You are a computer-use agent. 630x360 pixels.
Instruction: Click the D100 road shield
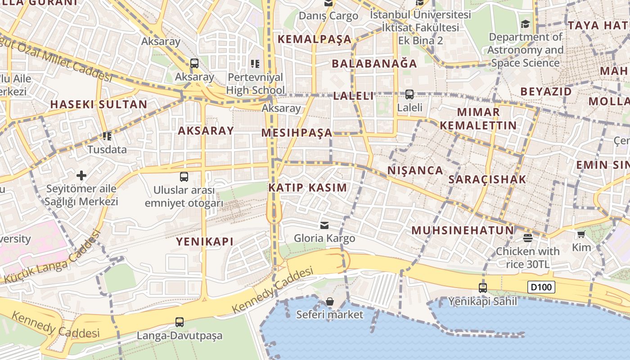click(541, 287)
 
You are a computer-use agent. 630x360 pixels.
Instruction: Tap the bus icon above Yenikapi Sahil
click(483, 288)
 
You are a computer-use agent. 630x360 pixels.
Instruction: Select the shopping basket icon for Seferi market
click(330, 301)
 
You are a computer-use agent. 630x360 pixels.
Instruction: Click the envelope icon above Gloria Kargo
click(324, 225)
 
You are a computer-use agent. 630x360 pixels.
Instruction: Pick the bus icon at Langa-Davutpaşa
click(180, 322)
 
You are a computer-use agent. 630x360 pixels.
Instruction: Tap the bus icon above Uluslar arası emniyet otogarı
click(184, 176)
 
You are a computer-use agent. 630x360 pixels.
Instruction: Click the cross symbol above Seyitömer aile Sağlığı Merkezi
click(81, 175)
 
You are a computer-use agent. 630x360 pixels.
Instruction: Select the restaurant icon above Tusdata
click(107, 136)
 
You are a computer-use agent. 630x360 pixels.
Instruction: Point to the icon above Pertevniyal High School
click(255, 64)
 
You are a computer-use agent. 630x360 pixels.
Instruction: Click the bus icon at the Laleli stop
click(409, 94)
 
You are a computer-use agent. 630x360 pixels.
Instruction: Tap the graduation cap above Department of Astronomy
click(525, 24)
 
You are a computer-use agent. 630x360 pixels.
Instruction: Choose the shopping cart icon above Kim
click(581, 234)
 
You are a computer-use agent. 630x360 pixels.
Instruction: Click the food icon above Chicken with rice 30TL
click(528, 238)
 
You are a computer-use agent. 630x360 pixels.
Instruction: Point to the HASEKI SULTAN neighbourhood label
click(99, 104)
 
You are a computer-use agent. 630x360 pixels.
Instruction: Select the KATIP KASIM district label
click(308, 188)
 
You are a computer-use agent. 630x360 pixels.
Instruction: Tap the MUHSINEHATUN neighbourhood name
click(463, 230)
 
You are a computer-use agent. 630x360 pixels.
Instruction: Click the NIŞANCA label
click(415, 170)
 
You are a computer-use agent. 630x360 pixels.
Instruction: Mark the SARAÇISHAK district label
click(487, 179)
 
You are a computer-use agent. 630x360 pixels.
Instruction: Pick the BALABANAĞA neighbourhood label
click(374, 63)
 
